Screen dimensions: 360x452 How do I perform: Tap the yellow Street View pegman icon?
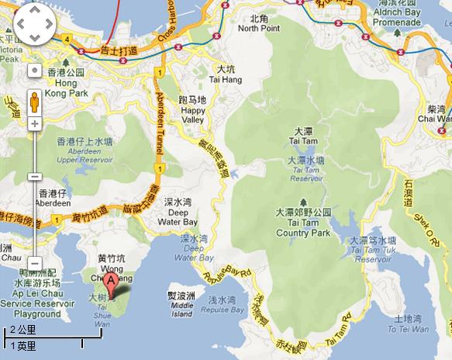34,100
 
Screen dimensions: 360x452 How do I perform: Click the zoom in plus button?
34,124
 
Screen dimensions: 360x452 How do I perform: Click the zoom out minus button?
34,262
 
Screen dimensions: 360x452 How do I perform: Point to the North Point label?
259,23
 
